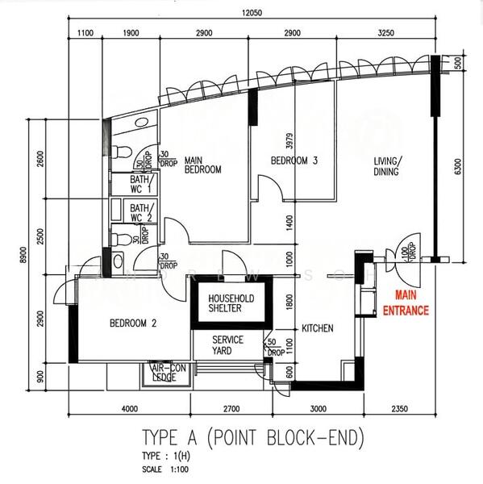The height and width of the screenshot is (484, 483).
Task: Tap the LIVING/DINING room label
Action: (386, 166)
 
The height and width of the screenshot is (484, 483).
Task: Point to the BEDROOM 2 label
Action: (133, 323)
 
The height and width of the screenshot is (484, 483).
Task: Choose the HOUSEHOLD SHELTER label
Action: (231, 303)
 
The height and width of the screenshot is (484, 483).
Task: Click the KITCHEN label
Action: (318, 329)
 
